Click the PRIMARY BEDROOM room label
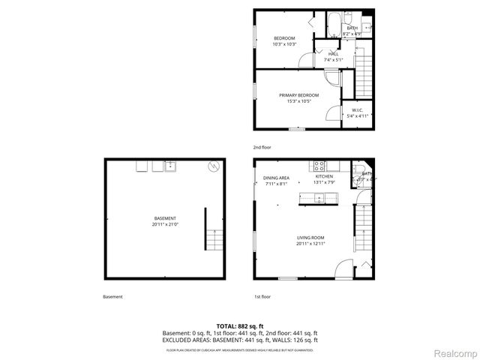click(x=298, y=95)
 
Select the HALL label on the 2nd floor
click(x=334, y=54)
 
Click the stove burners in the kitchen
click(x=319, y=165)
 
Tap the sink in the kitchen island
click(x=319, y=199)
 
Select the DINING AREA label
click(x=276, y=178)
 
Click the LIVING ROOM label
click(x=310, y=238)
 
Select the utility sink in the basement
click(x=169, y=166)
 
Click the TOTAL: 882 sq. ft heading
click(x=240, y=325)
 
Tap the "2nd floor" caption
click(x=262, y=147)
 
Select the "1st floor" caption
click(x=262, y=296)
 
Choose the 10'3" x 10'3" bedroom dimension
click(x=283, y=44)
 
